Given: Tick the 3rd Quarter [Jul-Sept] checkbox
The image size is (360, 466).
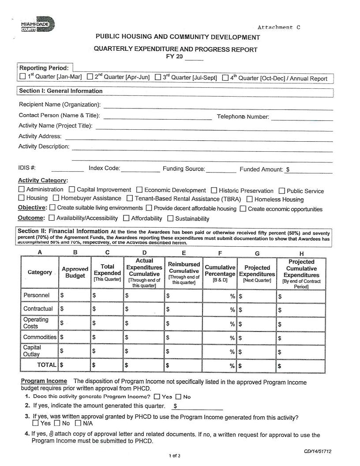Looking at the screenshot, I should coord(158,77).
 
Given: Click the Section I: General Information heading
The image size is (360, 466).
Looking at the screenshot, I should coord(61,91).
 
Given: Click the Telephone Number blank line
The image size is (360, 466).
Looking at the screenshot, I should coord(302,117).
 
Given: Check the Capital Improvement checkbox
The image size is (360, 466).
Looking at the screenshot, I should coord(72,190).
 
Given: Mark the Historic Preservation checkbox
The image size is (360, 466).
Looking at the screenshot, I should coord(214,191).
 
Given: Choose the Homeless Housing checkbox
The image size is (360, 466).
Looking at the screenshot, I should coord(249,199).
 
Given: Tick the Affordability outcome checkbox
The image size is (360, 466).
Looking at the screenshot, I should coord(126,218).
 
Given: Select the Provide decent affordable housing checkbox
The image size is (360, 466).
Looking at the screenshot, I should coord(149,208).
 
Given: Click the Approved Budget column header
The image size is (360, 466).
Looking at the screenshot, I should coord(75,272).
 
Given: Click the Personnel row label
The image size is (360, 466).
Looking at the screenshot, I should coord(36,295).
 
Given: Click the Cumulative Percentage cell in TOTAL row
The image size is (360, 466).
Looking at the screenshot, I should coord(220,365).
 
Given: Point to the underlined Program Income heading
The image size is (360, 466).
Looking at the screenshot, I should coord(44,381).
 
